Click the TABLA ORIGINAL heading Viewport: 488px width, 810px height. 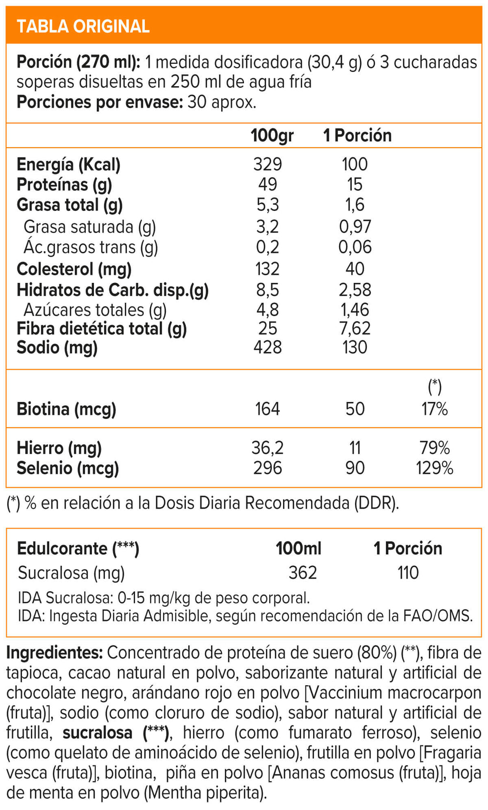pos(83,26)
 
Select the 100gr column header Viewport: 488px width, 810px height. pos(272,136)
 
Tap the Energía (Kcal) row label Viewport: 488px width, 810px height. pos(68,165)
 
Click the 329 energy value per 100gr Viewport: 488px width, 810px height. pos(267,164)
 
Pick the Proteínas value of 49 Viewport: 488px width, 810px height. pos(267,184)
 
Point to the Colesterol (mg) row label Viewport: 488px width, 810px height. pos(74,270)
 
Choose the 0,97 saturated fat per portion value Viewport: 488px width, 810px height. pos(355,227)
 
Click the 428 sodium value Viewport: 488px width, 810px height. pos(267,347)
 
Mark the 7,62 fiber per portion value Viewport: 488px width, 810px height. pos(355,328)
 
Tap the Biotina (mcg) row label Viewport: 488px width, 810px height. pos(66,409)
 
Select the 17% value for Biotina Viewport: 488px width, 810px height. pos(434,409)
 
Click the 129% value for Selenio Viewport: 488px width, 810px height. pos(434,468)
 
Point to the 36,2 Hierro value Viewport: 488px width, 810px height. pos(267,448)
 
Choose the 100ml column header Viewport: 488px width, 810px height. pos(298,549)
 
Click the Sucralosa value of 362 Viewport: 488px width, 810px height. pos(303,572)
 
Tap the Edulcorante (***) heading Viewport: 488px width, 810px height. pos(78,549)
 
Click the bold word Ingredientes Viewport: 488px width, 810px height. pos(54,652)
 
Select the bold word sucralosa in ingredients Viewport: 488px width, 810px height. pos(97,732)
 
